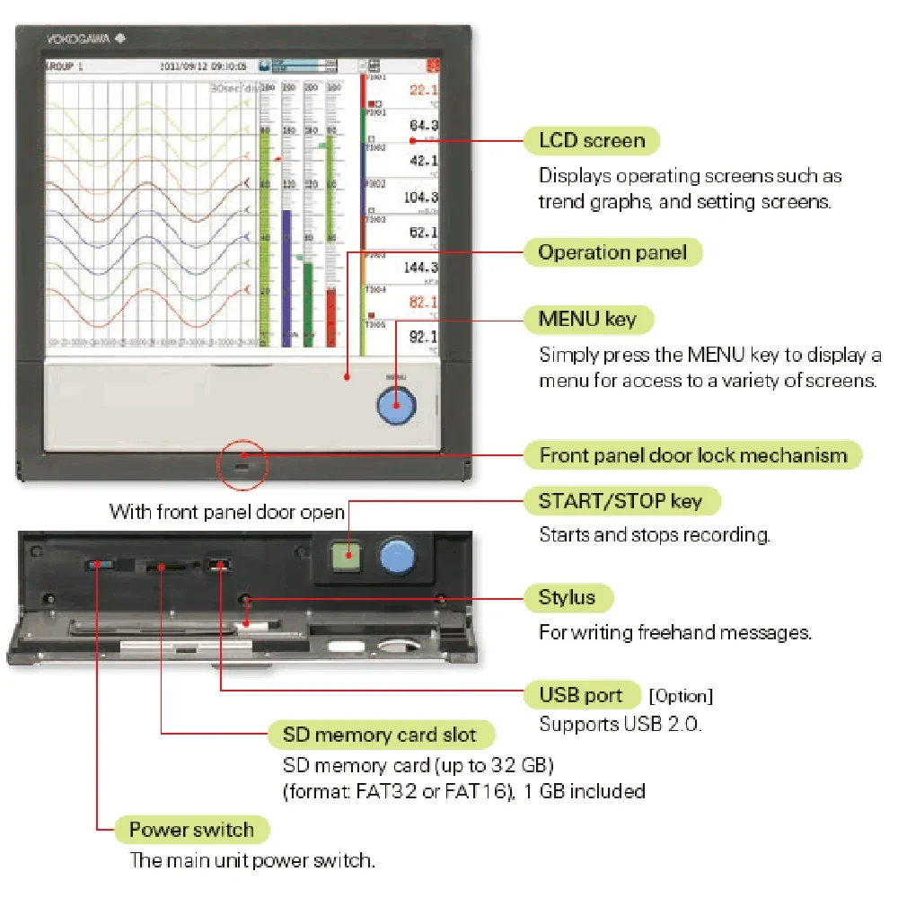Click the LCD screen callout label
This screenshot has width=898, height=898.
(x=592, y=141)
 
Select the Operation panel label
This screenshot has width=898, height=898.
(x=612, y=252)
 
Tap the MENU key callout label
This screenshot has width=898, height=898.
(x=587, y=319)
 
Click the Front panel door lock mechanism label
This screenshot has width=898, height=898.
(x=693, y=455)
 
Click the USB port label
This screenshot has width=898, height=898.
(x=580, y=695)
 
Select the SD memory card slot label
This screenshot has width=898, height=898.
(x=380, y=735)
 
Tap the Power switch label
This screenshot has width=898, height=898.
(x=191, y=830)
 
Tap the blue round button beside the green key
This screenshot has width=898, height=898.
(x=396, y=556)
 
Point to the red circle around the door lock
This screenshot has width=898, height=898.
(x=242, y=465)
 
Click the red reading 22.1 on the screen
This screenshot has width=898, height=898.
(x=423, y=90)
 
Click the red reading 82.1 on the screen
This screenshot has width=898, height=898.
(x=423, y=303)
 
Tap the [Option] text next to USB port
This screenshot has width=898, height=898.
(x=680, y=696)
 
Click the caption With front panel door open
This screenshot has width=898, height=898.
(x=227, y=512)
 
